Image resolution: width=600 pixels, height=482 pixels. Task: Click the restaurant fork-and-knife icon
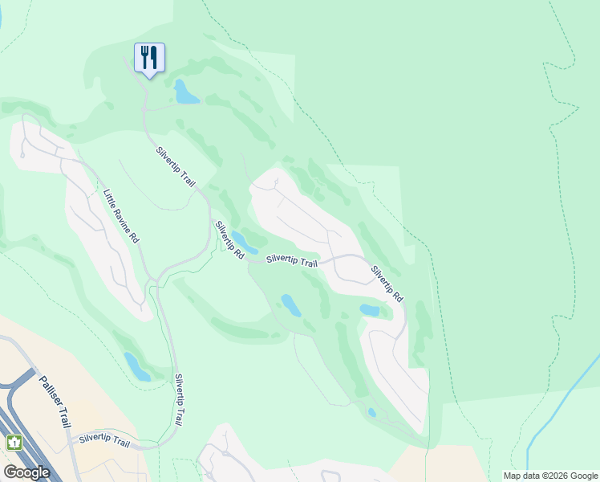(149, 57)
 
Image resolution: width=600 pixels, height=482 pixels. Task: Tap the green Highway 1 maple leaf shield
(14, 442)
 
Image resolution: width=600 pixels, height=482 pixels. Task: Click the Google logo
(26, 472)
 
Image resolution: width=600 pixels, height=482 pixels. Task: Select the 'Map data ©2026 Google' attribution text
(549, 476)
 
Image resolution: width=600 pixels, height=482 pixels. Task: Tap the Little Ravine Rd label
(121, 216)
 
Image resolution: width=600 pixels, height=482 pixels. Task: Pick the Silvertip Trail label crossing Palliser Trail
(104, 441)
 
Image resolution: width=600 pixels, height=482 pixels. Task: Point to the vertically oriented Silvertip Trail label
(183, 399)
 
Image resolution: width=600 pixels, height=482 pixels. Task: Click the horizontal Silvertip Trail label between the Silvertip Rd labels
(292, 262)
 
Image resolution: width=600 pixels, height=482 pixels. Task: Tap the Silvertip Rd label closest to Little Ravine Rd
(229, 240)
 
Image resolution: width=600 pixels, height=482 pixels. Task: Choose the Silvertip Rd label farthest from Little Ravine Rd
(387, 284)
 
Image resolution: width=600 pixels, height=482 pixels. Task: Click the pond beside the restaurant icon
(186, 93)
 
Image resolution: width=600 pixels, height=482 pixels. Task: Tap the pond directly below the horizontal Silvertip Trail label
(290, 305)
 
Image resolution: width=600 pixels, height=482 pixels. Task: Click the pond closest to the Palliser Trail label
(136, 367)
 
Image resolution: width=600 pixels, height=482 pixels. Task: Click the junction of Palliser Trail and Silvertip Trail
(74, 443)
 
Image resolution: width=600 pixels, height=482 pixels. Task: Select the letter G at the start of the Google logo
(10, 472)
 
